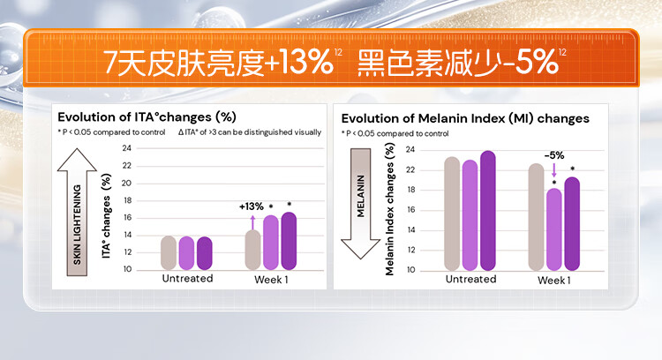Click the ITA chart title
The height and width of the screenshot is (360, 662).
[x=147, y=116]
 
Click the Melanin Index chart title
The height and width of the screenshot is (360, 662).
[x=465, y=118]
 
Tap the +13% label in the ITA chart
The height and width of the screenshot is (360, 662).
[x=252, y=206]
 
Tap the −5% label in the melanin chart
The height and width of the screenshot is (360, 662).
[x=554, y=154]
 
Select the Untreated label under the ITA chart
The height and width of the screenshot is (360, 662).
[x=187, y=279]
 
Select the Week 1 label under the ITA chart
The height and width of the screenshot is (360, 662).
[x=272, y=279]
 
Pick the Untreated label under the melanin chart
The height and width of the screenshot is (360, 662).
[x=470, y=279]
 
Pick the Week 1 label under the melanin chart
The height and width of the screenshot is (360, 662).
[x=554, y=279]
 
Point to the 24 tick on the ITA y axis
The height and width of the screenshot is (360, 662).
[x=127, y=149]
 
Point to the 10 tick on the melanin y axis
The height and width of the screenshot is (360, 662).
[x=410, y=270]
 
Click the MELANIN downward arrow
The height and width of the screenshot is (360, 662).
[x=359, y=203]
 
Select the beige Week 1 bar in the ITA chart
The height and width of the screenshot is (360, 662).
[x=252, y=250]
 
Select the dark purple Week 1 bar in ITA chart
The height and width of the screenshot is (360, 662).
[x=289, y=241]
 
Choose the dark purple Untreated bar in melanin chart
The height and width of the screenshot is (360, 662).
[x=488, y=210]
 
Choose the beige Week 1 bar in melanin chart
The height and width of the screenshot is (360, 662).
[x=536, y=216]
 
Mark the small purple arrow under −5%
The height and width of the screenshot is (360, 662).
[x=554, y=169]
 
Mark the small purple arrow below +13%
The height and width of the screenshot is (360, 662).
[x=252, y=221]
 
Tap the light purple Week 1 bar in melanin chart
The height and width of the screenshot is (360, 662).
[x=554, y=229]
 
